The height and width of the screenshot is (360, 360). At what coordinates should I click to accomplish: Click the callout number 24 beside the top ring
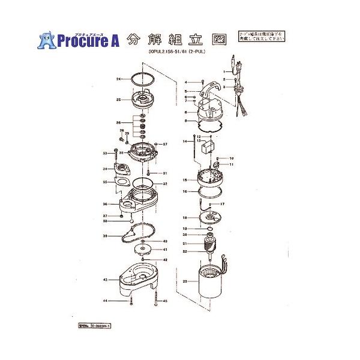tap(119, 79)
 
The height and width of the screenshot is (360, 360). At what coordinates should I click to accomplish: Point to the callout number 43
tap(105, 280)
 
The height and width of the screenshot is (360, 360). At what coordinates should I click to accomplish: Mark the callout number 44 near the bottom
tap(105, 301)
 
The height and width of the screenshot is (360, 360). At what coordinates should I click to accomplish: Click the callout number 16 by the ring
tap(185, 192)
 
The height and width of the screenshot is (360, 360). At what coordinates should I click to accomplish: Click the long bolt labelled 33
tap(113, 159)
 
